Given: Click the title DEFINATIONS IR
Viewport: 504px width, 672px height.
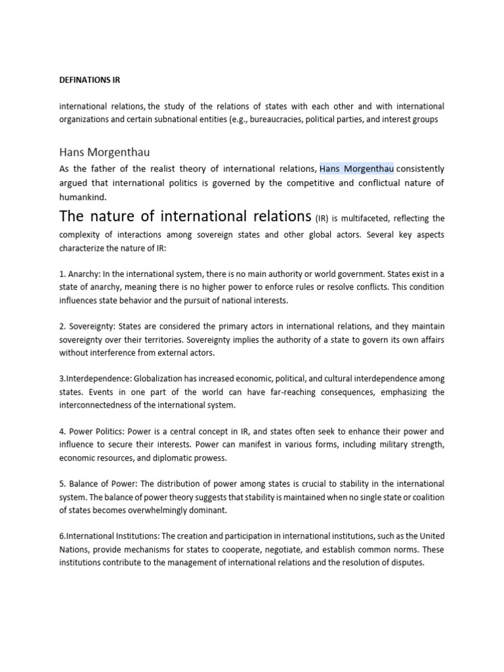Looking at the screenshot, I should pyautogui.click(x=90, y=80).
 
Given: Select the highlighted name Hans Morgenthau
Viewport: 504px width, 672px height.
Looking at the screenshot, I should pyautogui.click(x=356, y=168).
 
